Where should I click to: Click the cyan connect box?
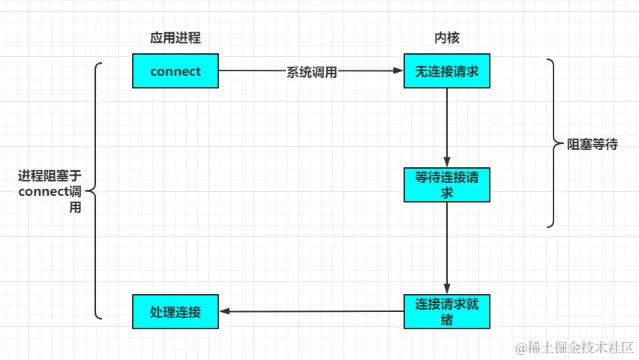pyautogui.click(x=175, y=71)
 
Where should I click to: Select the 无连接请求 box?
pyautogui.click(x=447, y=71)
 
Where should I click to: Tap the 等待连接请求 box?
pyautogui.click(x=447, y=184)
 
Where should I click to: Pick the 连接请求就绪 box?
pyautogui.click(x=447, y=311)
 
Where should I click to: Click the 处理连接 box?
pyautogui.click(x=175, y=311)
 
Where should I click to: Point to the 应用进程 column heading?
pyautogui.click(x=175, y=38)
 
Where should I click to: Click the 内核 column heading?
pyautogui.click(x=447, y=38)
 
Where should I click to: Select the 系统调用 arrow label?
pyautogui.click(x=311, y=72)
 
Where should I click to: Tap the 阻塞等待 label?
pyautogui.click(x=592, y=145)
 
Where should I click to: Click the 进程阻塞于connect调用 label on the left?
pyautogui.click(x=49, y=192)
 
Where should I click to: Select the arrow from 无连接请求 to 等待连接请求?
pyautogui.click(x=447, y=124)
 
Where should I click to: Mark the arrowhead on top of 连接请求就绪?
pyautogui.click(x=447, y=289)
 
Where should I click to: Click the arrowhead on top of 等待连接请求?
pyautogui.click(x=447, y=162)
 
